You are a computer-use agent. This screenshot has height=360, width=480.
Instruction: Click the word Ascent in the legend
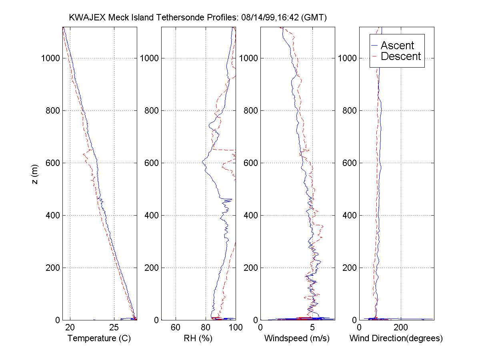pyautogui.click(x=397, y=45)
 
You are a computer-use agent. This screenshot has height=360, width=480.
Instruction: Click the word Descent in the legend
pyautogui.click(x=401, y=56)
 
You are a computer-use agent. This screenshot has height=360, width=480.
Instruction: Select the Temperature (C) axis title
pyautogui.click(x=99, y=338)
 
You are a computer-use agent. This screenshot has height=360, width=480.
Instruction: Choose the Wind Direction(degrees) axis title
pyautogui.click(x=396, y=338)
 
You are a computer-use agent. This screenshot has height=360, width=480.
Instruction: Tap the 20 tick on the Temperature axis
pyautogui.click(x=70, y=328)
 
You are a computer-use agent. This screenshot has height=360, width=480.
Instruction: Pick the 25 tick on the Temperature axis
pyautogui.click(x=114, y=328)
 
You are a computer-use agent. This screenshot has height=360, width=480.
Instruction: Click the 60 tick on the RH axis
pyautogui.click(x=176, y=328)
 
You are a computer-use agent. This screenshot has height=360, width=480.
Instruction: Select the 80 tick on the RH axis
pyautogui.click(x=206, y=328)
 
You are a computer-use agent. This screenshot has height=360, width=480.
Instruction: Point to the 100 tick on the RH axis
pyautogui.click(x=236, y=328)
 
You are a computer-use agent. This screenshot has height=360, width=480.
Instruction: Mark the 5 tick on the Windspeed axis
pyautogui.click(x=312, y=328)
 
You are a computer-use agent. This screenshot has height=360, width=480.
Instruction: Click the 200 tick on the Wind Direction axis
pyautogui.click(x=401, y=328)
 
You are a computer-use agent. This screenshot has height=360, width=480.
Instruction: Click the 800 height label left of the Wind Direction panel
pyautogui.click(x=350, y=111)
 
